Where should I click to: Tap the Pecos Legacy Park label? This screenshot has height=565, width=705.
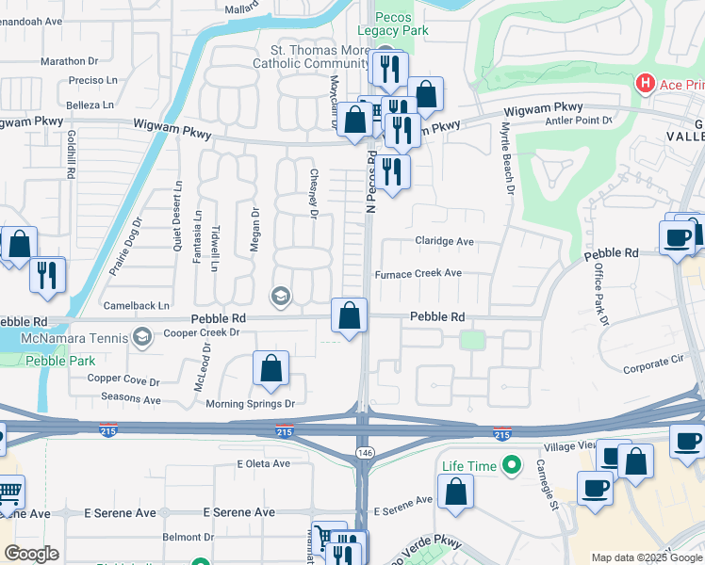point(401,24)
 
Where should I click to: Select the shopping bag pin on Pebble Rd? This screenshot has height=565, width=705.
point(350,317)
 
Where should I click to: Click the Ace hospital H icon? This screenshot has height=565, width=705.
point(646,84)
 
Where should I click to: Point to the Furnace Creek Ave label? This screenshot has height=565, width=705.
point(418,273)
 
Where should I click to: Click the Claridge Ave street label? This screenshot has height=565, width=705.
point(444,241)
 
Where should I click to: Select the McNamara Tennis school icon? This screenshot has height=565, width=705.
point(142,337)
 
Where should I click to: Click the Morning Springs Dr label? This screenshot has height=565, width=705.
point(251,404)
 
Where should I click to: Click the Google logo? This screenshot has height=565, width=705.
point(32,554)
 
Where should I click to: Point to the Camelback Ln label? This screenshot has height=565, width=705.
point(137,305)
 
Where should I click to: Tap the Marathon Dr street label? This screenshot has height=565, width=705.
point(70,61)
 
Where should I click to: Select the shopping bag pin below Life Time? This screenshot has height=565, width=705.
point(456,492)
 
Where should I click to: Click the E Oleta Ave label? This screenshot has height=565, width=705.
point(265,464)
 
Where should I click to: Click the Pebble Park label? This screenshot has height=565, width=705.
point(53,360)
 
